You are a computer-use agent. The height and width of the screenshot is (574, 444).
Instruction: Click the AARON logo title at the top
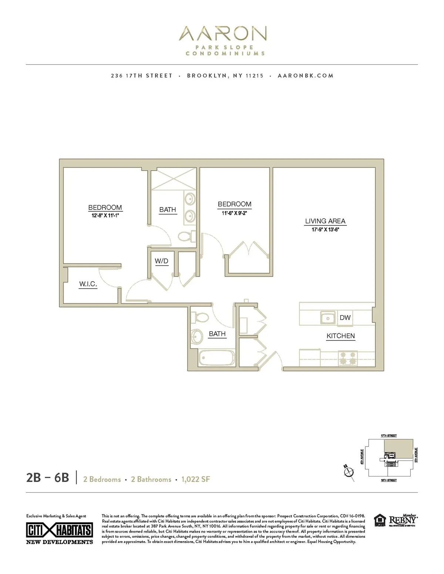coord(222,34)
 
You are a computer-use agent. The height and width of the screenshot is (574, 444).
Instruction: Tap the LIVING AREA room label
coord(325,221)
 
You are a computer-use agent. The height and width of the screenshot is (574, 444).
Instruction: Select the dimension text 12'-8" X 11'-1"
coord(105,215)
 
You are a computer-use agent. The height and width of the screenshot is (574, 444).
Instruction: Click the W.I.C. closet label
coord(88,284)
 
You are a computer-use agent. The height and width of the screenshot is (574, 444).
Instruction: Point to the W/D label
coord(161,261)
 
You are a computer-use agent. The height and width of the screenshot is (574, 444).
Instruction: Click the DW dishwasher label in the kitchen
coord(345,317)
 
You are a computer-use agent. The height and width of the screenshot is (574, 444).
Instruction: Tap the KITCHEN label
coord(340,336)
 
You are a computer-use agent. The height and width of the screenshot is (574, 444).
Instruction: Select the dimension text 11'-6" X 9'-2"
coord(234,212)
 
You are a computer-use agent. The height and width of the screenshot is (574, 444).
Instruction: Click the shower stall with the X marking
coord(173,179)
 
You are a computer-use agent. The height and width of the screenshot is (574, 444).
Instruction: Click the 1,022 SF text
coord(196,479)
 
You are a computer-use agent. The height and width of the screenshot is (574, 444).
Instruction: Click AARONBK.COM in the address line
coord(305,75)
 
